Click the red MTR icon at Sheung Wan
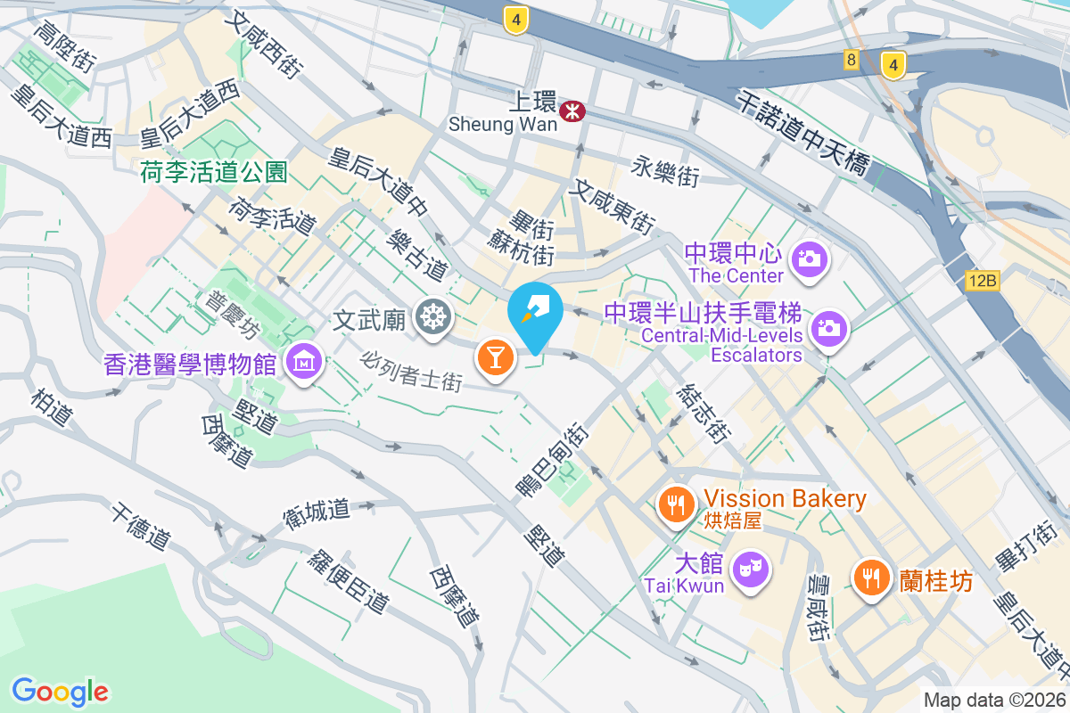[x=569, y=110]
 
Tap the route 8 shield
[x=852, y=61]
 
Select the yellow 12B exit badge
[x=982, y=282]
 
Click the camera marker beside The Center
[x=810, y=259]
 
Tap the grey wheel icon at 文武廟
[x=434, y=316]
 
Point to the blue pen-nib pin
[x=536, y=314]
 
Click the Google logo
[x=60, y=691]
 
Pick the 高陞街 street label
[x=64, y=47]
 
